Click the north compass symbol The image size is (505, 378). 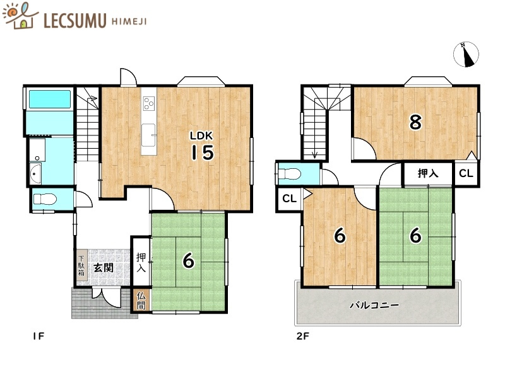point(467,55)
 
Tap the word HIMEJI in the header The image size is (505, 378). point(129,21)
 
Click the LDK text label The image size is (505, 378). point(203,135)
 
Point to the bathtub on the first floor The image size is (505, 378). point(49,100)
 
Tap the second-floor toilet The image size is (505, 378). point(292,172)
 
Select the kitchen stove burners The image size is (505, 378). point(149,103)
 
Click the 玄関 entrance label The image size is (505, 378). point(103,268)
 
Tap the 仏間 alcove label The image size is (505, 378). point(140,300)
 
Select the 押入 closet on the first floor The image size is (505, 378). point(141,261)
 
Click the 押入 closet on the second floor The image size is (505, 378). point(429,173)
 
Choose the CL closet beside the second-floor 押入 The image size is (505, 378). point(466,173)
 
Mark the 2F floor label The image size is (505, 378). point(302,336)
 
